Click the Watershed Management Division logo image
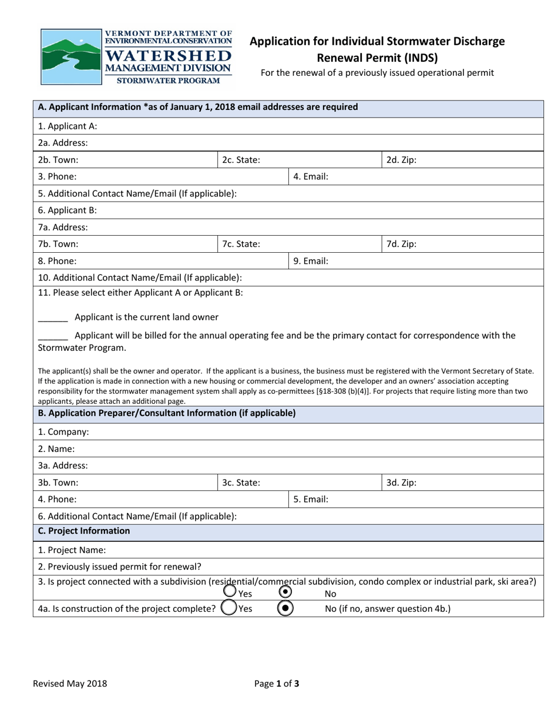136,57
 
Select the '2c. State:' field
241,160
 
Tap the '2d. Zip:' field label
401,160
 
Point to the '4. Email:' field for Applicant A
311,176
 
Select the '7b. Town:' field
58,244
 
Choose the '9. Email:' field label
311,261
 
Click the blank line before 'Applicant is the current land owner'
53,318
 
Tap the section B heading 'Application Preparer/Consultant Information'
167,413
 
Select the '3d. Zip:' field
401,483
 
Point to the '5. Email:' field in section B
311,500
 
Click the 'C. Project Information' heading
83,531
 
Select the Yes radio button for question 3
230,591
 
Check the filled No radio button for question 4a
285,608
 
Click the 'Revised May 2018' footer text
70,684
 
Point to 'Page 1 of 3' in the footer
277,684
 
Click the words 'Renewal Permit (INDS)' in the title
377,58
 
